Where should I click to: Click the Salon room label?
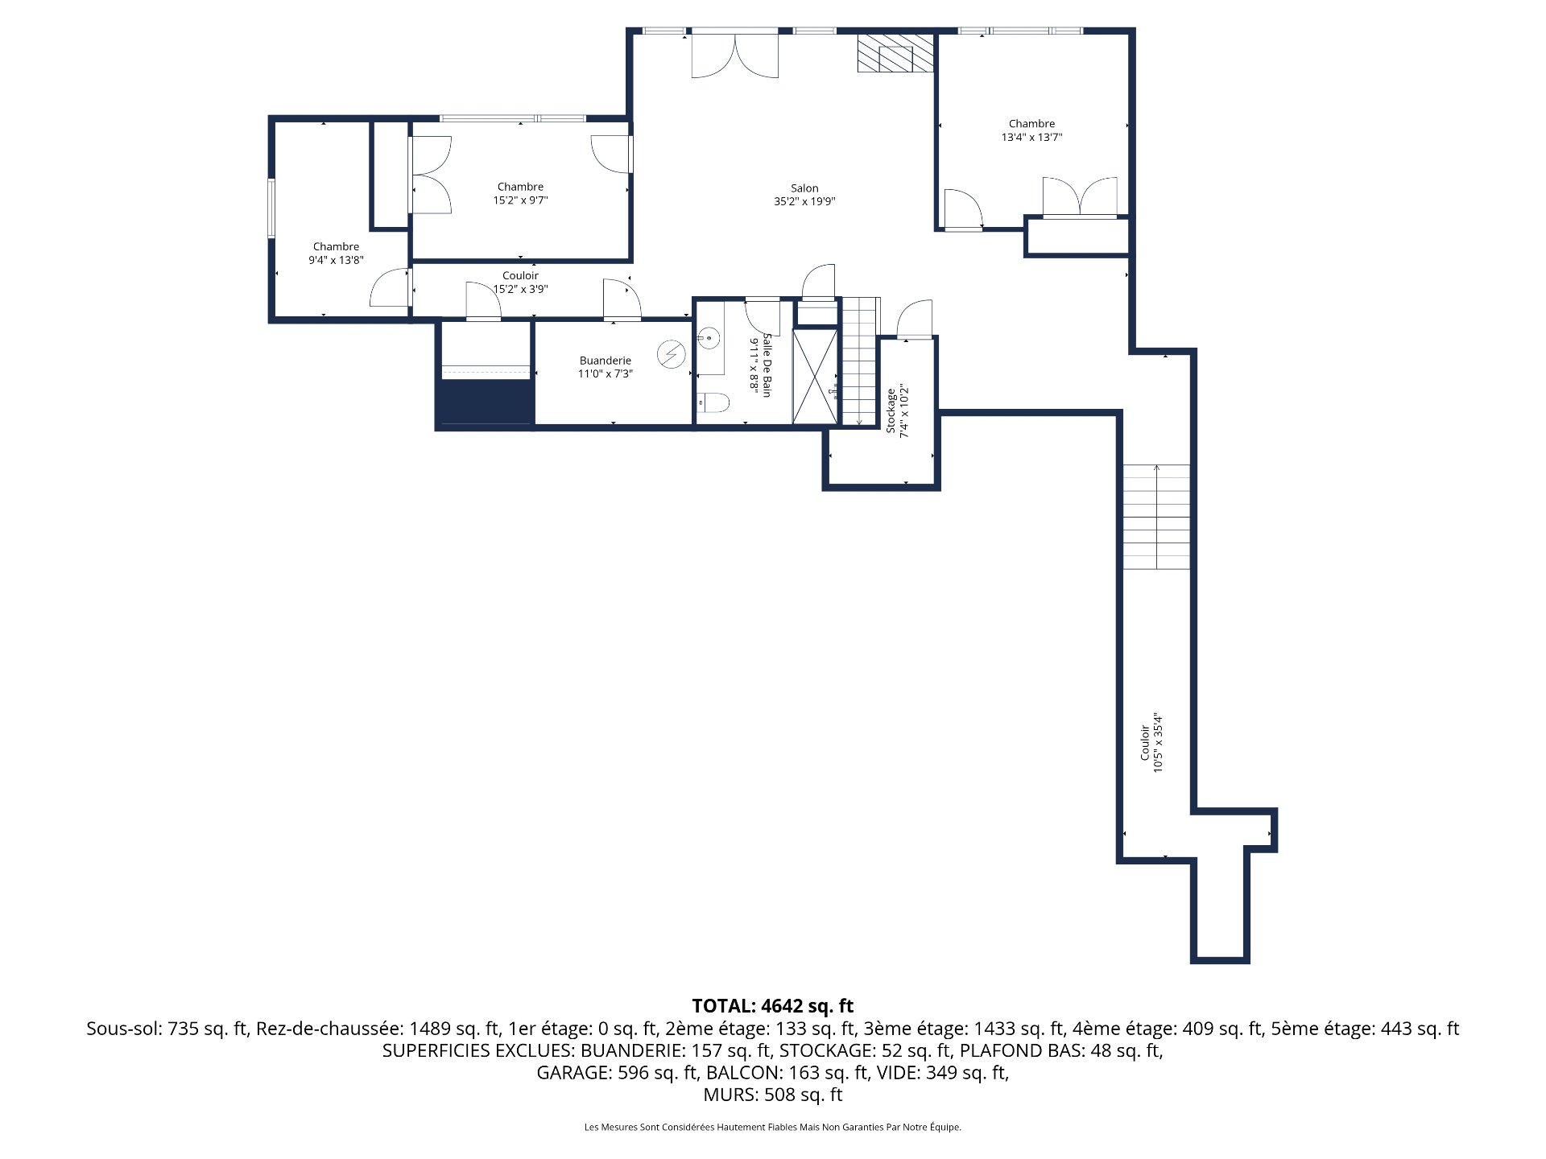(x=804, y=188)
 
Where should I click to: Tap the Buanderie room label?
(x=605, y=361)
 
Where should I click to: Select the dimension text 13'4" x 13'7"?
(x=1031, y=138)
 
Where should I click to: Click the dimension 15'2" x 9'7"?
(x=520, y=200)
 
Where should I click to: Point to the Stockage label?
(x=891, y=411)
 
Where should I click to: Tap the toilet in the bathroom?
(x=713, y=402)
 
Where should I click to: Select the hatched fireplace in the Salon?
(x=895, y=53)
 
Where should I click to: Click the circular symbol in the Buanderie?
(x=670, y=354)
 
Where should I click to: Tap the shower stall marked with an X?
(x=815, y=376)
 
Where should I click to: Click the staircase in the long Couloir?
(x=1156, y=517)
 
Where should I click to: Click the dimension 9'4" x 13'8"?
(x=336, y=260)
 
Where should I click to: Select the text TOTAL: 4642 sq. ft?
(x=772, y=1006)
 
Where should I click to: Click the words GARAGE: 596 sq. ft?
(x=617, y=1073)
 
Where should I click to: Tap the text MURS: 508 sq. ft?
(x=772, y=1095)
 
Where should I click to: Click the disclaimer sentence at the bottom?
(x=772, y=1128)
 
